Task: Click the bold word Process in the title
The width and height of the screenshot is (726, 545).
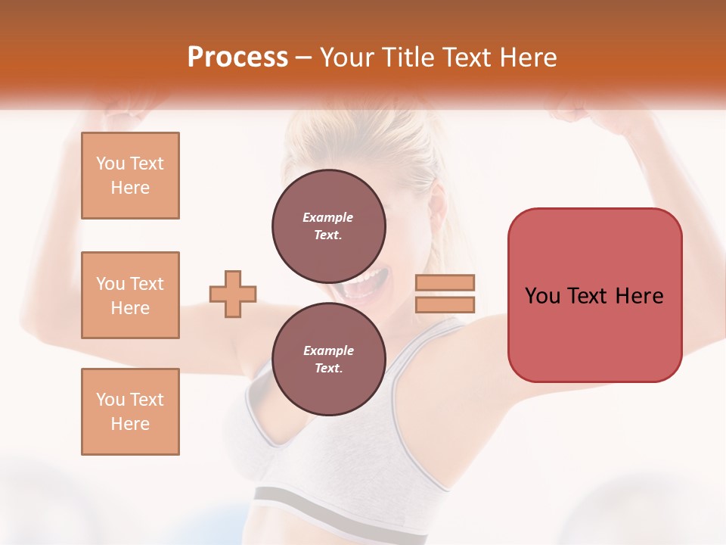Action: pos(237,58)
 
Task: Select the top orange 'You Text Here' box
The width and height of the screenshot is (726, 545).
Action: pos(130,176)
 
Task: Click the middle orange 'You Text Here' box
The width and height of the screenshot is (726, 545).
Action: pos(130,295)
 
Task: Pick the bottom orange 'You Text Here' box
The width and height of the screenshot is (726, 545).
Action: pos(130,411)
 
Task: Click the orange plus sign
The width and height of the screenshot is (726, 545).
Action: pos(233,294)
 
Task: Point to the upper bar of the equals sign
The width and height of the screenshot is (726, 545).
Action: pos(445,282)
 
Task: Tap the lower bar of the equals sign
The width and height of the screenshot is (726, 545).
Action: pos(445,304)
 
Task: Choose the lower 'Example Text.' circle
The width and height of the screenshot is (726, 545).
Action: pos(328,359)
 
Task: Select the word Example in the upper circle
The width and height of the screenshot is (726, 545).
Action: pos(327,217)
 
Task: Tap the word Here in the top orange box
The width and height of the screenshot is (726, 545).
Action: pos(130,188)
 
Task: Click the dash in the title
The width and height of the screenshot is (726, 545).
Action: pos(304,58)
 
